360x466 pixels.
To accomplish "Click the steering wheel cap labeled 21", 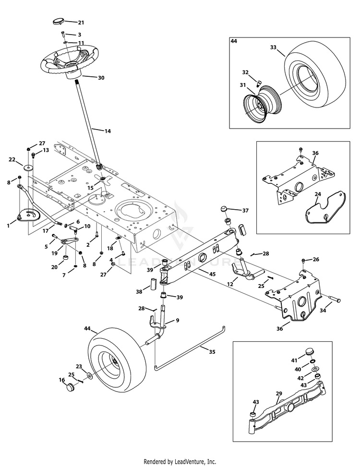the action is click(x=58, y=22).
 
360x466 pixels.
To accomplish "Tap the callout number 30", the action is click(x=101, y=78).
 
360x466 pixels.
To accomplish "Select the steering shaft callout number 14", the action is click(x=108, y=131).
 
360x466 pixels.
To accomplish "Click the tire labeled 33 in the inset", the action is click(x=314, y=79).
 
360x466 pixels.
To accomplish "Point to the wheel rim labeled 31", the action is click(x=261, y=103).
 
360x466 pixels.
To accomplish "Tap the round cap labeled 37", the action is click(x=224, y=208).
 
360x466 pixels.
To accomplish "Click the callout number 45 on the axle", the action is click(x=212, y=274).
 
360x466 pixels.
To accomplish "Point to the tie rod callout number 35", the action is click(x=212, y=352).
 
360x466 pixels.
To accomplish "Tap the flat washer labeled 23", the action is click(x=89, y=376).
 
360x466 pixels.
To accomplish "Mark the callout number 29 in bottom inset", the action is click(x=278, y=394).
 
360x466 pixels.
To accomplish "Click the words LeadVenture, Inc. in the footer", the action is click(x=195, y=462).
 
